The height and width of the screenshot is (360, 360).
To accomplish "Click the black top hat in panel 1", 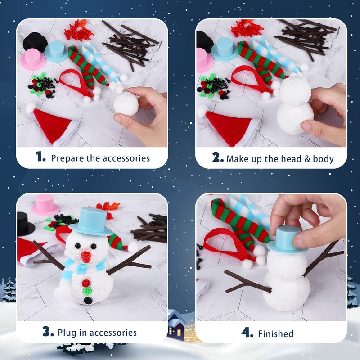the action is point(35,42).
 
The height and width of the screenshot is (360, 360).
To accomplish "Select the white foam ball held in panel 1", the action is point(126,103).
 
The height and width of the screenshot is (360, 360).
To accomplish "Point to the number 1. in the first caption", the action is point(40,157).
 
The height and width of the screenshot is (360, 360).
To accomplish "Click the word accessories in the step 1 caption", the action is point(126,158).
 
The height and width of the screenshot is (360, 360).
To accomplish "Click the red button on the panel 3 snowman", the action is point(86,283).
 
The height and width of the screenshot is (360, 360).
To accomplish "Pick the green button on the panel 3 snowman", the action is point(87,291).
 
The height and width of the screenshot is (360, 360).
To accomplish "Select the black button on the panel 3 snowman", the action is point(88,300).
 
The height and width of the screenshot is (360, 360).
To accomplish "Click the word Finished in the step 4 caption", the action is point(276,333).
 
